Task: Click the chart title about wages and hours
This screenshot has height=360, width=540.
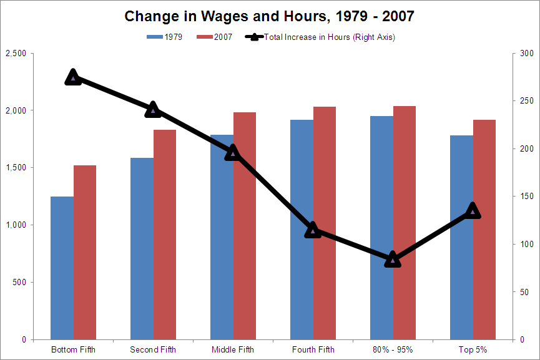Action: (269, 16)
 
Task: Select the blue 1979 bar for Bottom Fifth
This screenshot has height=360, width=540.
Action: (62, 268)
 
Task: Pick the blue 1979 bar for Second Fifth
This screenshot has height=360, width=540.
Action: (142, 249)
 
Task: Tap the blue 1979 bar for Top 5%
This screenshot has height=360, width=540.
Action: (461, 237)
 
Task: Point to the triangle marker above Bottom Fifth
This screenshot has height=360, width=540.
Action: (73, 77)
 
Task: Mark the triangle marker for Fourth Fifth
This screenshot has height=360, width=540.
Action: (313, 230)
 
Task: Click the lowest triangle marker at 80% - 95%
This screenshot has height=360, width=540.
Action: (393, 260)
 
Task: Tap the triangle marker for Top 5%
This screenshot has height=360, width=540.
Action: (473, 210)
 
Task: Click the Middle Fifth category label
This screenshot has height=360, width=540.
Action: (233, 349)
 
